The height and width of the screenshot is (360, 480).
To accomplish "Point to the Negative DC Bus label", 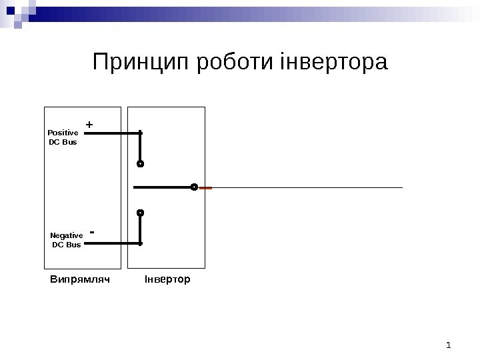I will pyautogui.click(x=67, y=240).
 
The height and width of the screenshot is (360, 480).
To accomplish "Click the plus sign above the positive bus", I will pyautogui.click(x=89, y=125).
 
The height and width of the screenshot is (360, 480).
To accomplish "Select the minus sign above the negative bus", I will pyautogui.click(x=92, y=233).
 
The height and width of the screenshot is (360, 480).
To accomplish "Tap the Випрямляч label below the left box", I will pyautogui.click(x=79, y=279).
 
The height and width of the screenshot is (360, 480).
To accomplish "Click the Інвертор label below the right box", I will pyautogui.click(x=167, y=279).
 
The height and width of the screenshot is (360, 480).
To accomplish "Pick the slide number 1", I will pyautogui.click(x=449, y=345).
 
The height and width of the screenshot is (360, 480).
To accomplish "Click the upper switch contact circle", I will pyautogui.click(x=141, y=163).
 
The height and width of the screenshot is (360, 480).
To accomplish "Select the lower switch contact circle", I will pyautogui.click(x=141, y=213).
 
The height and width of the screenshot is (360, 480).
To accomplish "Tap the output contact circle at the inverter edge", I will pyautogui.click(x=194, y=188).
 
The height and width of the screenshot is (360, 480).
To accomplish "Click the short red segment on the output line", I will pyautogui.click(x=205, y=188).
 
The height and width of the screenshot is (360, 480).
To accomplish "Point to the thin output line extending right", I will pyautogui.click(x=307, y=188).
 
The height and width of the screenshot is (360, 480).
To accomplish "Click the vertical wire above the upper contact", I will pyautogui.click(x=141, y=146).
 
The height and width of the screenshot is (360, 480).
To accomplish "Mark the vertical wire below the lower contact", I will pyautogui.click(x=141, y=230).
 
